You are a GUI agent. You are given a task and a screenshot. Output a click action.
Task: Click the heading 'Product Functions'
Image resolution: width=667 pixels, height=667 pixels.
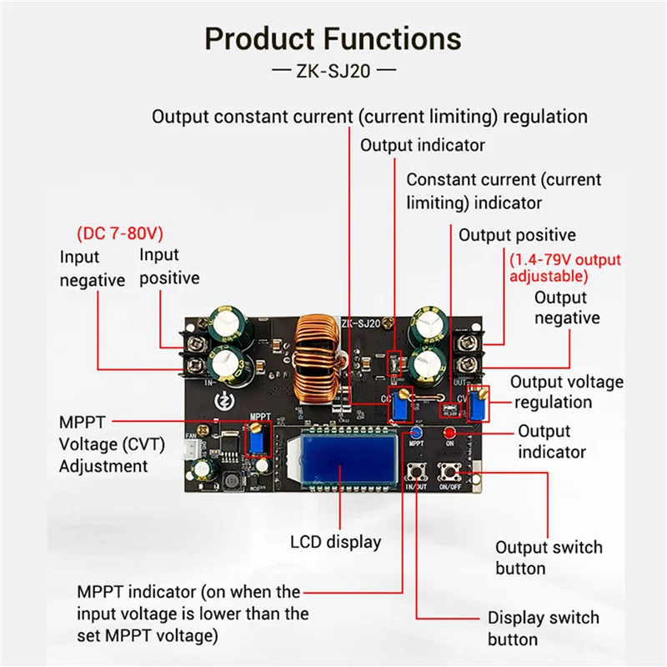(333, 39)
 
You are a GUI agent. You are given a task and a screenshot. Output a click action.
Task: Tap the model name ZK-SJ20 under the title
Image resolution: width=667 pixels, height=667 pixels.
(333, 71)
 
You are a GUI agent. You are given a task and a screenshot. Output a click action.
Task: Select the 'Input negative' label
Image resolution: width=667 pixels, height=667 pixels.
(92, 269)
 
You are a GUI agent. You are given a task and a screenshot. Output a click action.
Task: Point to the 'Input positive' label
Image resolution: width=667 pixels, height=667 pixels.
(169, 266)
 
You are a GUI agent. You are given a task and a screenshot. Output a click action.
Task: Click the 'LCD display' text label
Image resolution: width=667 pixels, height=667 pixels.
(335, 542)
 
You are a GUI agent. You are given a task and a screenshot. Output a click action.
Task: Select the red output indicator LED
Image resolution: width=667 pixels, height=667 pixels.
(449, 433)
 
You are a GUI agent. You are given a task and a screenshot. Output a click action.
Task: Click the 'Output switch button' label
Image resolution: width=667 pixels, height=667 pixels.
(548, 558)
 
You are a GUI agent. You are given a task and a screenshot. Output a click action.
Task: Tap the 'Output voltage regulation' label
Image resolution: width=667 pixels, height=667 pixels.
(566, 392)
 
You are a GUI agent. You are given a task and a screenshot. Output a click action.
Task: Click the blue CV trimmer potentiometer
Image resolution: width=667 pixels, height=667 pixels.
(478, 406)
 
